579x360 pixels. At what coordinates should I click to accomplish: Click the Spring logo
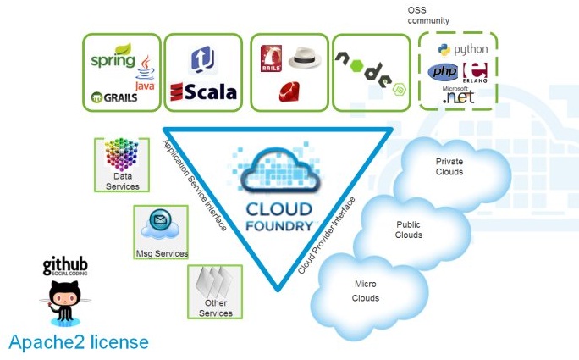point(113,60)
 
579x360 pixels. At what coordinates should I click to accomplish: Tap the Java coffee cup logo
point(145,72)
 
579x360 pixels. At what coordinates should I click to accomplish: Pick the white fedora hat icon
point(306,58)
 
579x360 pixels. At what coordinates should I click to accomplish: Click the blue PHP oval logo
point(443,73)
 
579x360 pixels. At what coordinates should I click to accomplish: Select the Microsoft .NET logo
point(459,96)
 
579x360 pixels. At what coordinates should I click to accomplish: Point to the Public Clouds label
point(409,230)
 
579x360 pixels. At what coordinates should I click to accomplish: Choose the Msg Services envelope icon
point(161,223)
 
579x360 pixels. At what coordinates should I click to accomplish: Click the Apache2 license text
point(79,343)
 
